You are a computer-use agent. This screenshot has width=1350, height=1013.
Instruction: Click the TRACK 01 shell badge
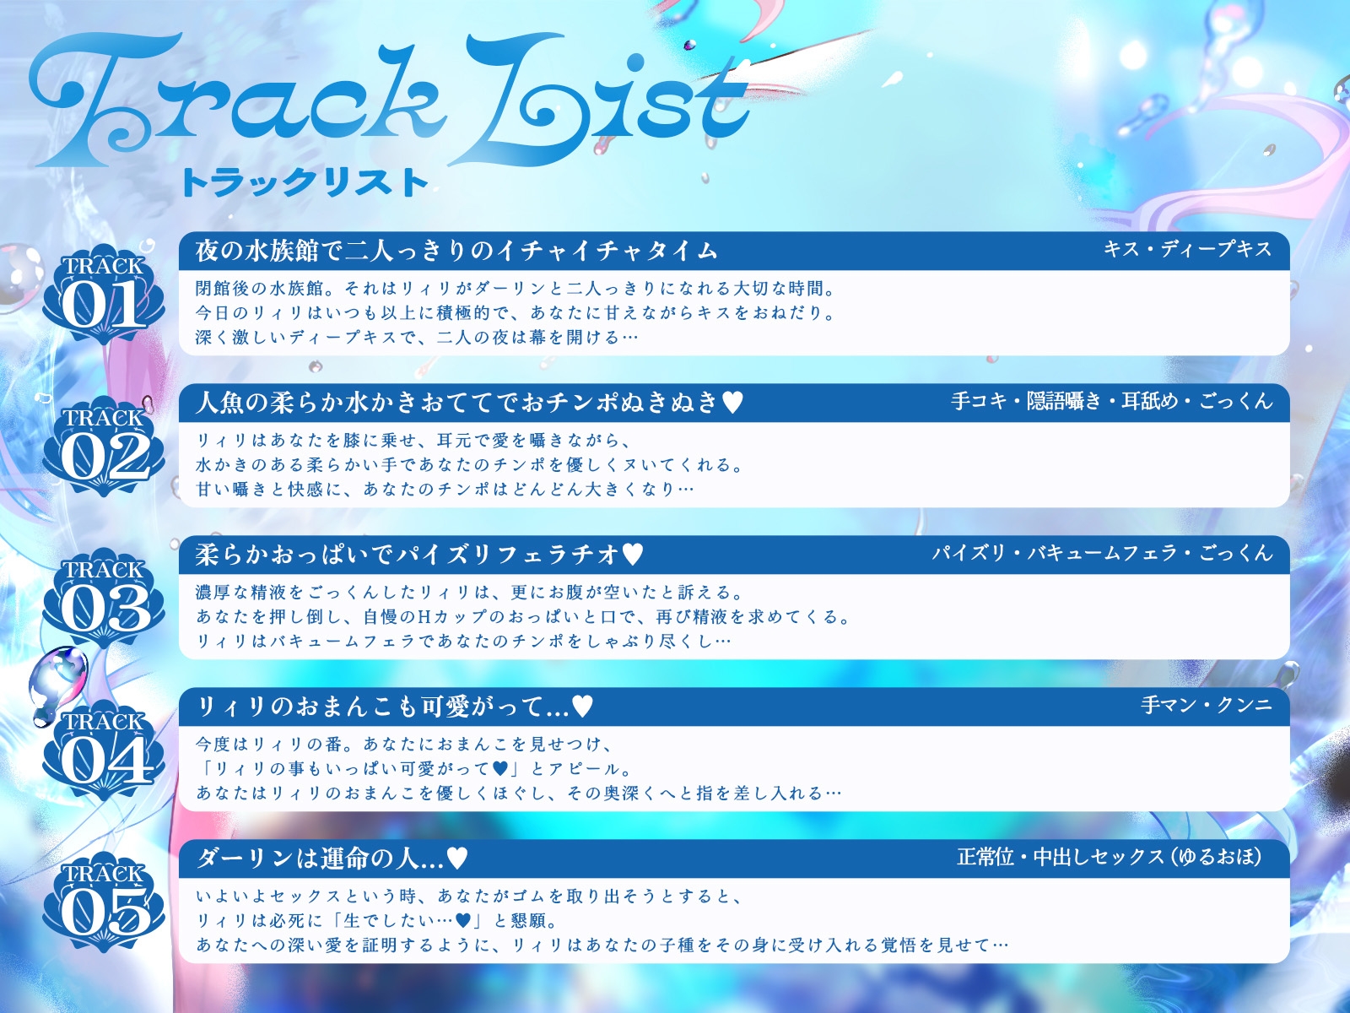tap(104, 295)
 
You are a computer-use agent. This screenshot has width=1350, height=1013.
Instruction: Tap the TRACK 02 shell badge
tap(104, 447)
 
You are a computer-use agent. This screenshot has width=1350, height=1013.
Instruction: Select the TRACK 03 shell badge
tap(104, 599)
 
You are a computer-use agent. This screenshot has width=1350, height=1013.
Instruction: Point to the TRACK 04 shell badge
tap(104, 751)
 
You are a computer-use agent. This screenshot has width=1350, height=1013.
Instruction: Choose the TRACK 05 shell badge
tap(104, 903)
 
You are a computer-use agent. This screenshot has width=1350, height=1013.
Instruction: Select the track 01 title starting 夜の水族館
tap(456, 251)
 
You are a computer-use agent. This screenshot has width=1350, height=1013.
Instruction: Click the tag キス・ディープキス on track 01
tap(1187, 249)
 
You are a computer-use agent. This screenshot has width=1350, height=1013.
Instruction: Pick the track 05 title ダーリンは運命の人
tap(321, 859)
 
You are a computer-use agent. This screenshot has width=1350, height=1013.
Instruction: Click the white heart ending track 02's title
tap(732, 404)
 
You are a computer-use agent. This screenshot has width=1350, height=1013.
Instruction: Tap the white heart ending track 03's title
tap(632, 555)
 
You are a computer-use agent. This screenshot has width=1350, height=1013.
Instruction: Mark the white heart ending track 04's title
tap(582, 707)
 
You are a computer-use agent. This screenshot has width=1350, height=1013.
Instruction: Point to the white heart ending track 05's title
tap(457, 859)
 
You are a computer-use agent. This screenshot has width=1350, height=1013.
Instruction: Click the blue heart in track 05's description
tap(462, 921)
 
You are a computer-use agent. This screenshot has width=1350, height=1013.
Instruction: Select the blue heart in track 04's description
tap(499, 769)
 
